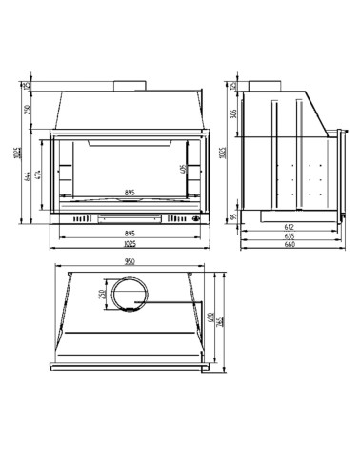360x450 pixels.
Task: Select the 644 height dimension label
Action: pos(30,180)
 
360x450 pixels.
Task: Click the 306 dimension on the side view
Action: pos(234,116)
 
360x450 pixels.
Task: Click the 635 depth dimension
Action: pos(290,236)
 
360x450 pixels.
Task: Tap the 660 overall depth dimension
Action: pos(290,246)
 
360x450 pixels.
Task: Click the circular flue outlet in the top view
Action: pos(126,294)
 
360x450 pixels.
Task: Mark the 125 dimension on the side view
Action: pos(234,85)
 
